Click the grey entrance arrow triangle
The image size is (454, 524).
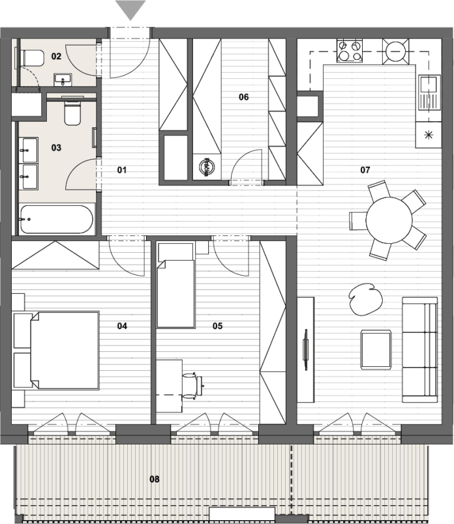(130, 8)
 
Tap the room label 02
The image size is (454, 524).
(56, 56)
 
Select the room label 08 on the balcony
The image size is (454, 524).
(154, 479)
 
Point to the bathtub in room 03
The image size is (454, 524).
(56, 219)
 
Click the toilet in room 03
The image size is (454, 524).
(72, 111)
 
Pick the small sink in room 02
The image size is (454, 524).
(63, 80)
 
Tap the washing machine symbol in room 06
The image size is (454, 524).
(206, 167)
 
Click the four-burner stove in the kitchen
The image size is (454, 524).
(350, 50)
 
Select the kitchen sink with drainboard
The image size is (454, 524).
(429, 93)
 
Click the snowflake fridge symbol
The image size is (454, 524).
(429, 135)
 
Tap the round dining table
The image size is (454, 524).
(389, 220)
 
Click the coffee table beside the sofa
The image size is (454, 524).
(376, 349)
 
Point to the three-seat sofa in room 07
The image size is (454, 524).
(420, 349)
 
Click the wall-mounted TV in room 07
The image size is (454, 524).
(305, 349)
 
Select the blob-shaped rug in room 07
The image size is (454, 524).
(365, 299)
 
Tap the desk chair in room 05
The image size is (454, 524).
(192, 386)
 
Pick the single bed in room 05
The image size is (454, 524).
(176, 285)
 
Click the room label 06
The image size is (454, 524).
(243, 97)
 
